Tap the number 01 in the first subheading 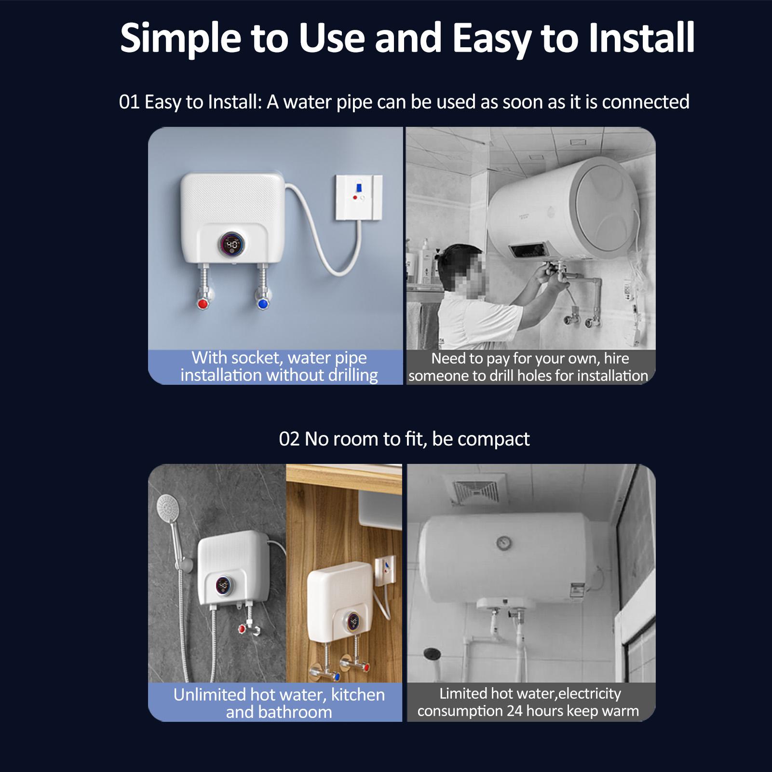point(129,102)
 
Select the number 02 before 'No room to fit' point(289,439)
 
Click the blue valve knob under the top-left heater point(263,304)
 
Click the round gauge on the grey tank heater point(504,543)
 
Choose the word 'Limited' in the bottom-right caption point(463,693)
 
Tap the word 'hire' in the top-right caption point(617,358)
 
